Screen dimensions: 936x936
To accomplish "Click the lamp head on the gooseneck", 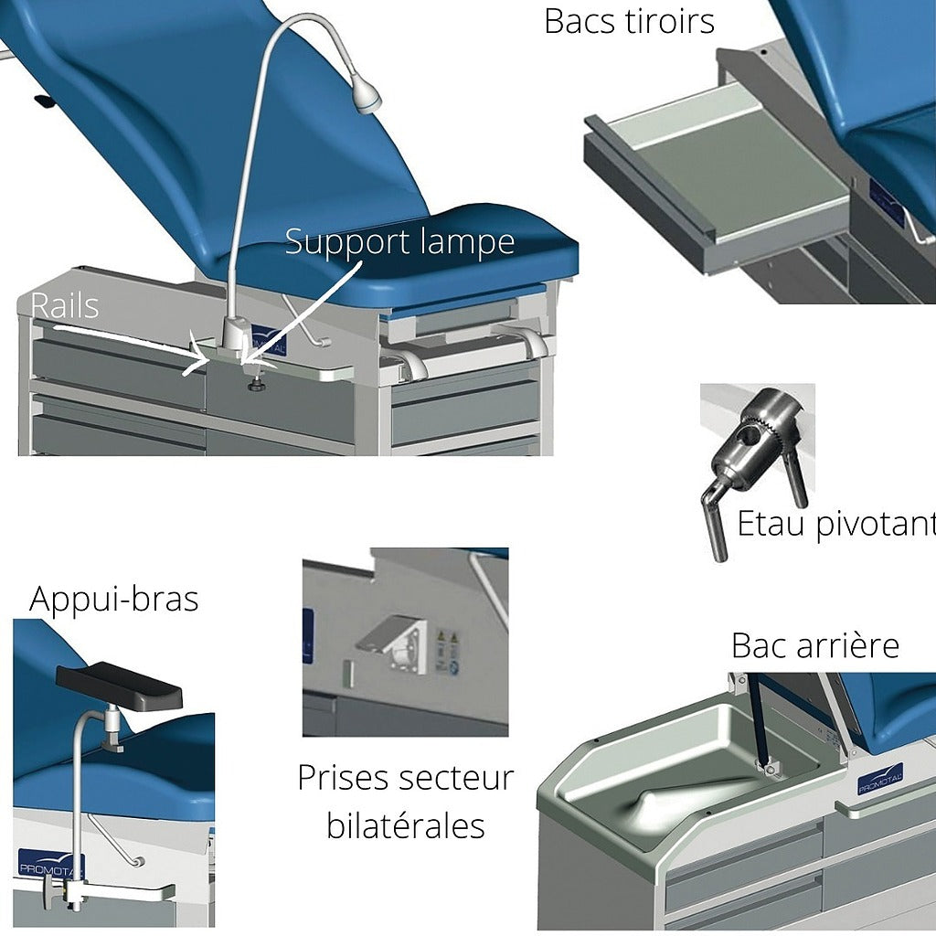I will point(367,93).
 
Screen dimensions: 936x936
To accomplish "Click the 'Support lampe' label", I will point(399,242).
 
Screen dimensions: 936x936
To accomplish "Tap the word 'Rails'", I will point(65,306).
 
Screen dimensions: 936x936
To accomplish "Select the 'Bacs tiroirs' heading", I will point(629,20).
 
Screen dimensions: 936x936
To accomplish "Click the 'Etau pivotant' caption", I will point(835,525).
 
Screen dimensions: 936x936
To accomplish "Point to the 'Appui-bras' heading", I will point(113,599).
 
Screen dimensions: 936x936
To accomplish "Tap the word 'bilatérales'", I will point(405,825).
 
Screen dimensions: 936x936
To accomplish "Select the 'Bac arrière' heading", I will point(814,645).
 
